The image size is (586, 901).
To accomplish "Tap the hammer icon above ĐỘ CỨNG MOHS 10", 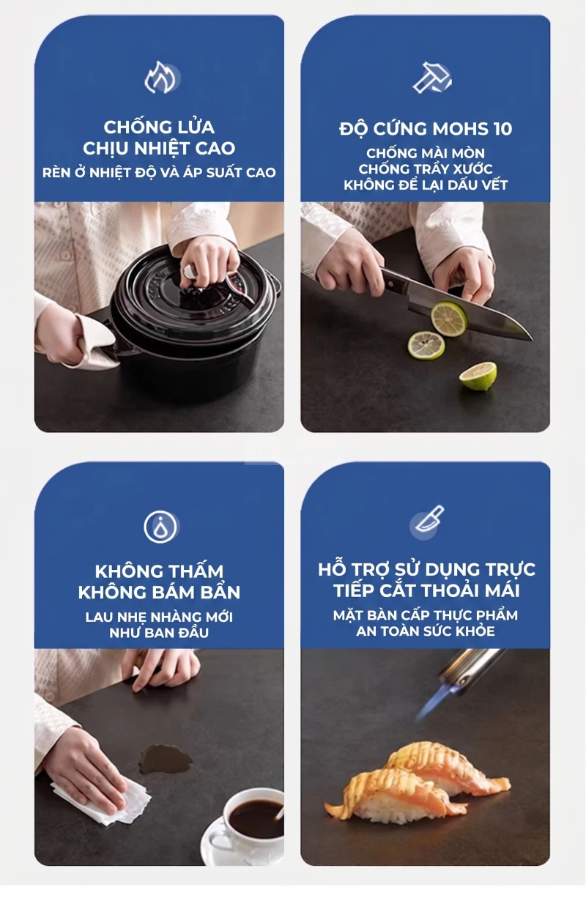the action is [432, 77].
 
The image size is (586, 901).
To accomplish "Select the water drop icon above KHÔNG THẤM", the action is [160, 526].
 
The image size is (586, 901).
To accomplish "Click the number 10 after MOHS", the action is [502, 129].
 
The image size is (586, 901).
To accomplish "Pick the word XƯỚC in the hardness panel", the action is [472, 169].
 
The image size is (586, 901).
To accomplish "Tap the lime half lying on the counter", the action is [478, 375].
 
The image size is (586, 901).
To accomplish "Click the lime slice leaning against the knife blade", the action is [449, 319].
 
